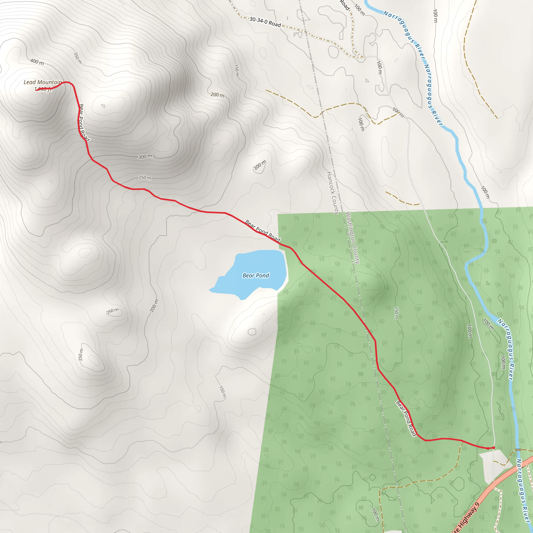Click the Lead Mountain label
tap(42, 82)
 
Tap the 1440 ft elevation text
tap(43, 89)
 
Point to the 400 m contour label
tap(37, 61)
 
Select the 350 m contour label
tap(78, 58)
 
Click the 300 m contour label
tap(145, 157)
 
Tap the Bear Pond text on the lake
tap(256, 275)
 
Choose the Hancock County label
tap(333, 193)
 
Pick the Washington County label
tap(353, 238)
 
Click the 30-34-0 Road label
tap(265, 22)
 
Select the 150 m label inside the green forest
tap(396, 313)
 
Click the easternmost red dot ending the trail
tap(493, 447)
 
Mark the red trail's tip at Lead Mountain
tap(37, 90)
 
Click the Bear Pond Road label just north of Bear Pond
tap(263, 230)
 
